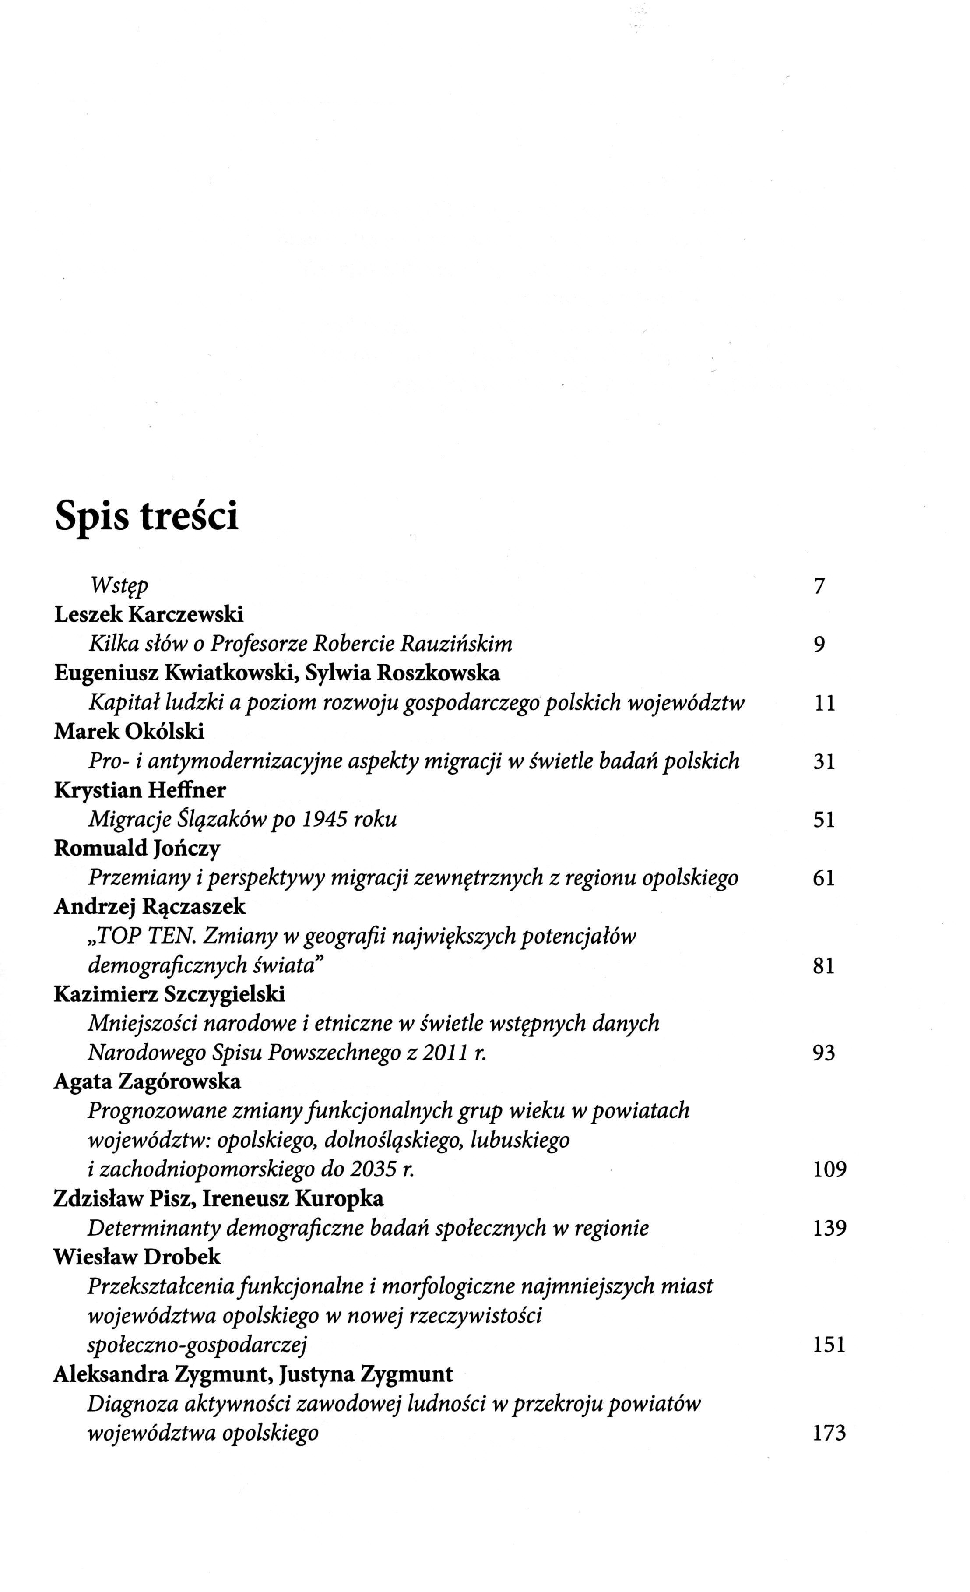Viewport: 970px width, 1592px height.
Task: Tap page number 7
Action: tap(819, 586)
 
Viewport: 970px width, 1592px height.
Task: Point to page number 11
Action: tap(824, 703)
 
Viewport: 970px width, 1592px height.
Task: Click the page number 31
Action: tap(824, 762)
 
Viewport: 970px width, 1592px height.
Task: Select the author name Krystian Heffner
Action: tap(140, 790)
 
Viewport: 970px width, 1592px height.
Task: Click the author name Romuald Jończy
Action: tap(137, 849)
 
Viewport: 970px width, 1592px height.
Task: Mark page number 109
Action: tap(829, 1169)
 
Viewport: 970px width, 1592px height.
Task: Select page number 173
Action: tap(829, 1433)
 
